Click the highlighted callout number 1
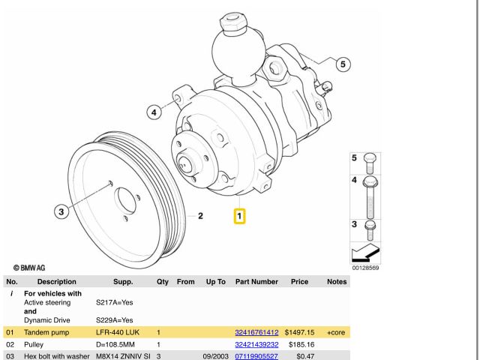pos(239,216)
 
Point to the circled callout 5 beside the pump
pos(343,64)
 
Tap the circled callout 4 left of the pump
pos(154,112)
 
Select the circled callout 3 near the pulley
pos(61,211)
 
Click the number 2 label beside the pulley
pos(200,216)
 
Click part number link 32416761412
pos(256,332)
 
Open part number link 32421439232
pos(256,345)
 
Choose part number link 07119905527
pos(256,356)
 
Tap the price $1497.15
pos(299,332)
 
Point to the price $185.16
pos(301,345)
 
